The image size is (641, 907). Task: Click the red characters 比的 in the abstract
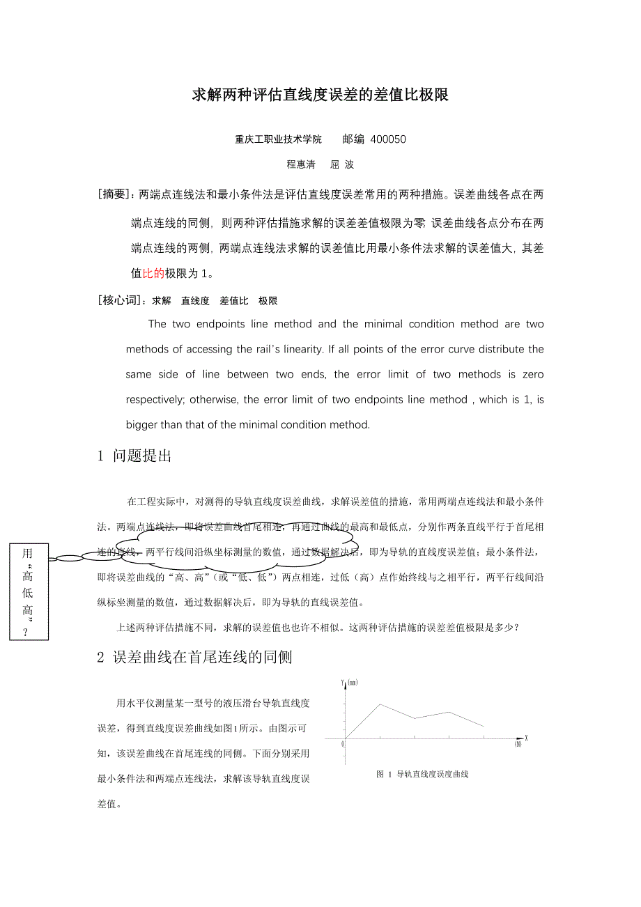[x=153, y=274]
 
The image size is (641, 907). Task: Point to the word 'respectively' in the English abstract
[x=156, y=400]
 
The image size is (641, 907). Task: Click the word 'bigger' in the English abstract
[x=141, y=425]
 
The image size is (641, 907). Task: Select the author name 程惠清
[x=301, y=165]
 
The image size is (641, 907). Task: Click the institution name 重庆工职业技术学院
[x=279, y=139]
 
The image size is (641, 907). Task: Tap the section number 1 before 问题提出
[x=100, y=456]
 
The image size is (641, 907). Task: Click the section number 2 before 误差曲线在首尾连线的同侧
[x=100, y=657]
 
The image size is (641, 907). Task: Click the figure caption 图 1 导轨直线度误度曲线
[x=422, y=774]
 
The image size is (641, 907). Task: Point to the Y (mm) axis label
[x=349, y=683]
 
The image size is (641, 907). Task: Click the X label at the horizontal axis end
[x=526, y=737]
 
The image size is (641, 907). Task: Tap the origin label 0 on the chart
[x=343, y=744]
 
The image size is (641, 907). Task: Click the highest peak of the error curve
[x=380, y=704]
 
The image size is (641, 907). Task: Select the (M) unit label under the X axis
[x=518, y=745]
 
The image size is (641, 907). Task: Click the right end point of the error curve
[x=484, y=727]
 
